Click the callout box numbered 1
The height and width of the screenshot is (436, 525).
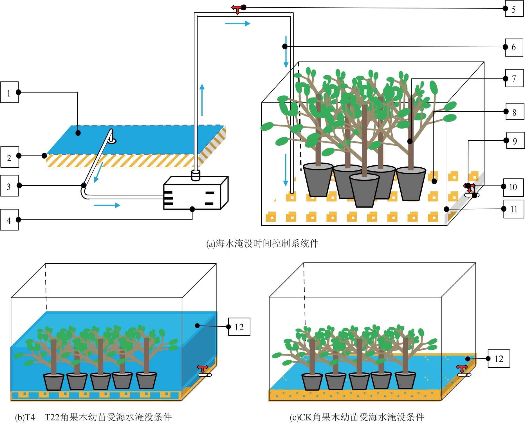click(x=9, y=92)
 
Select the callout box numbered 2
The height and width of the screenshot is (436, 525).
click(x=10, y=157)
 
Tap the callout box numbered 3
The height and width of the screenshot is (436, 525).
click(x=9, y=186)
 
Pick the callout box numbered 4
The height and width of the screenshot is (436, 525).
click(x=9, y=220)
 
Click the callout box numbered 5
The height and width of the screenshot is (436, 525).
click(x=514, y=8)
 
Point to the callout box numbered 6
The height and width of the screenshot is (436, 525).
click(x=514, y=47)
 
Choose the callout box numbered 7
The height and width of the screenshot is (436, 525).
click(x=514, y=78)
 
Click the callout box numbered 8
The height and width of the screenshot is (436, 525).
click(x=515, y=112)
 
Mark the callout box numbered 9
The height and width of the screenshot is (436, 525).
click(x=515, y=140)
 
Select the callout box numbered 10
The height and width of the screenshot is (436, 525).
click(x=513, y=187)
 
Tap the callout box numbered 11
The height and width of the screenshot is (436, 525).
click(x=513, y=209)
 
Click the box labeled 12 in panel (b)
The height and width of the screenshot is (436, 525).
click(x=239, y=327)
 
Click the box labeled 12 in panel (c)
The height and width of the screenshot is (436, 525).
click(x=499, y=359)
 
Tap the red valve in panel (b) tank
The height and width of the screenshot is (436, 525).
click(x=203, y=368)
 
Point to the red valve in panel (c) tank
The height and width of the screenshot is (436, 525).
click(x=462, y=368)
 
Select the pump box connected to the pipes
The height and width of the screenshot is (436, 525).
click(x=196, y=193)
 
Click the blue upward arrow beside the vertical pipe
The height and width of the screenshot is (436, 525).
click(x=202, y=100)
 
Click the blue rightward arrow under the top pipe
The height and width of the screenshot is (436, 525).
click(x=237, y=24)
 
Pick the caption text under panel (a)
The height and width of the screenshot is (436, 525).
click(x=262, y=244)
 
